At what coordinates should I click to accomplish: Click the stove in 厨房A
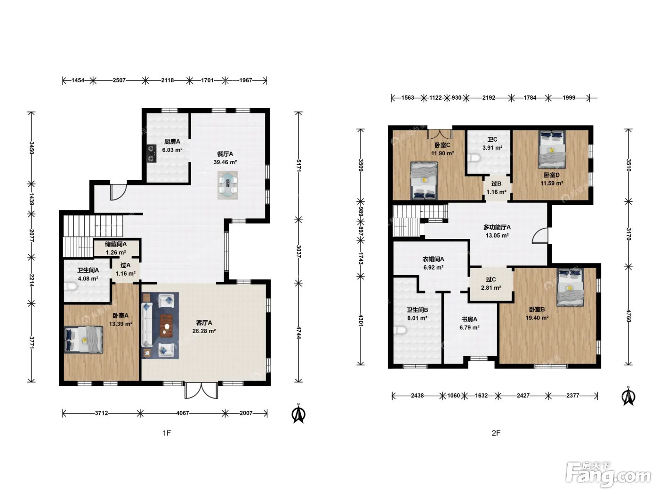point(152,153)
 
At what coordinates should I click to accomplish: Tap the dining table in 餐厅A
point(227,185)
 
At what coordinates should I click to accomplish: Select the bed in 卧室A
point(84,340)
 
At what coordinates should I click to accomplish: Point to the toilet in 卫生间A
point(70,287)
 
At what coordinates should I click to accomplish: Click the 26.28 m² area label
point(204,331)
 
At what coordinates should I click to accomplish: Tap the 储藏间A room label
point(116,244)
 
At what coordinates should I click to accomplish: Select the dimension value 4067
point(183,413)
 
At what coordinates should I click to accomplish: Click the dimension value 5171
point(298,166)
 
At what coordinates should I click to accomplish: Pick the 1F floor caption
point(167,433)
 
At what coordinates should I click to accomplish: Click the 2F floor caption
point(496,433)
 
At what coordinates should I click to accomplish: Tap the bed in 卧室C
point(424,181)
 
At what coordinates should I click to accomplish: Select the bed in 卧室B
point(570,287)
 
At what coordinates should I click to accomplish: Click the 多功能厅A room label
point(497,227)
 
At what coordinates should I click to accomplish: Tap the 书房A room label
point(469,319)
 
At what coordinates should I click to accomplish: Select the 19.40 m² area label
point(537,318)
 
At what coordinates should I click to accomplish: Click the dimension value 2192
point(489,98)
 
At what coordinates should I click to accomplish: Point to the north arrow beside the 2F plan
point(628,397)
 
